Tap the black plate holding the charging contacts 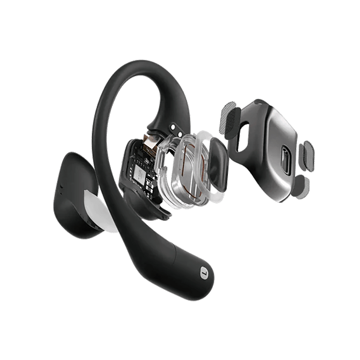click(x=168, y=127)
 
